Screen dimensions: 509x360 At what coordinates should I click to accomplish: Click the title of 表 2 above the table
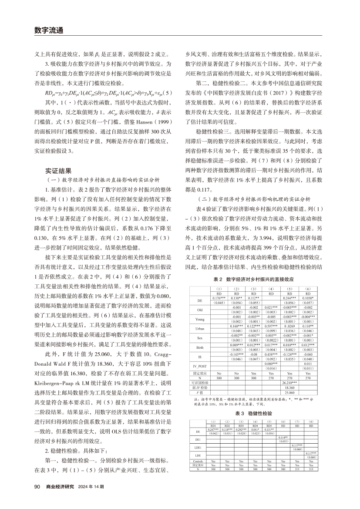pos(258,279)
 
